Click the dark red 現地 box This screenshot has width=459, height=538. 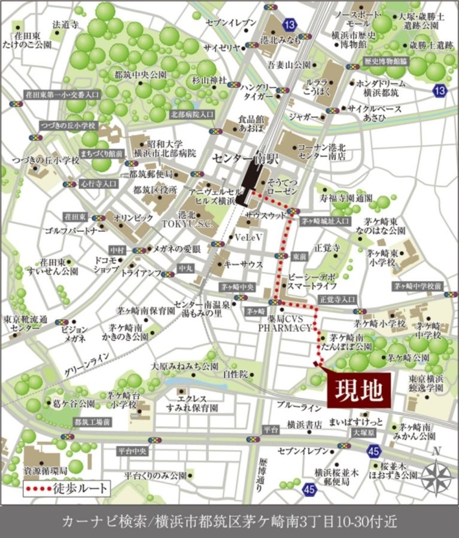click(358, 390)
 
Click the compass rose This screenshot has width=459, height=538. click(436, 477)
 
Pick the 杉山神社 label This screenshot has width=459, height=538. click(209, 80)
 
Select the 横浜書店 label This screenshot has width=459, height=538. click(305, 424)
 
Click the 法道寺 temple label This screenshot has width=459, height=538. click(66, 25)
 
